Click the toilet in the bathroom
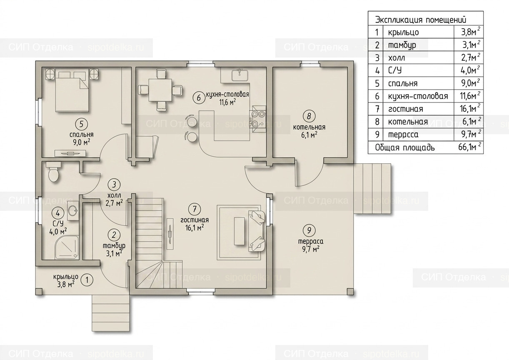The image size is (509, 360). tap(53, 172)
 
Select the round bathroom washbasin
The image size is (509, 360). tap(73, 211)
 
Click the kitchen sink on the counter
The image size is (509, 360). tap(240, 75)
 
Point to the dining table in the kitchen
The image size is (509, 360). tap(160, 90)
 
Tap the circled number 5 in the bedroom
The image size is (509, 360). tap(81, 124)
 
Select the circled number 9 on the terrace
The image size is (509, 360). tap(309, 231)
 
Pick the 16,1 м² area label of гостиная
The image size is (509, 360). tap(195, 228)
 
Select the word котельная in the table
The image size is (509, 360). tap(408, 122)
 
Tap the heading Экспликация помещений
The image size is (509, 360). tap(421, 20)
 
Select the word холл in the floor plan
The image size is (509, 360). tap(114, 195)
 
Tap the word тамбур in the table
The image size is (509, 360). tap(402, 45)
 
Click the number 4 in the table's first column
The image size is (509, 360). tap(377, 71)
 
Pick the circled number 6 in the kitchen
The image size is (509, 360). tap(199, 98)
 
